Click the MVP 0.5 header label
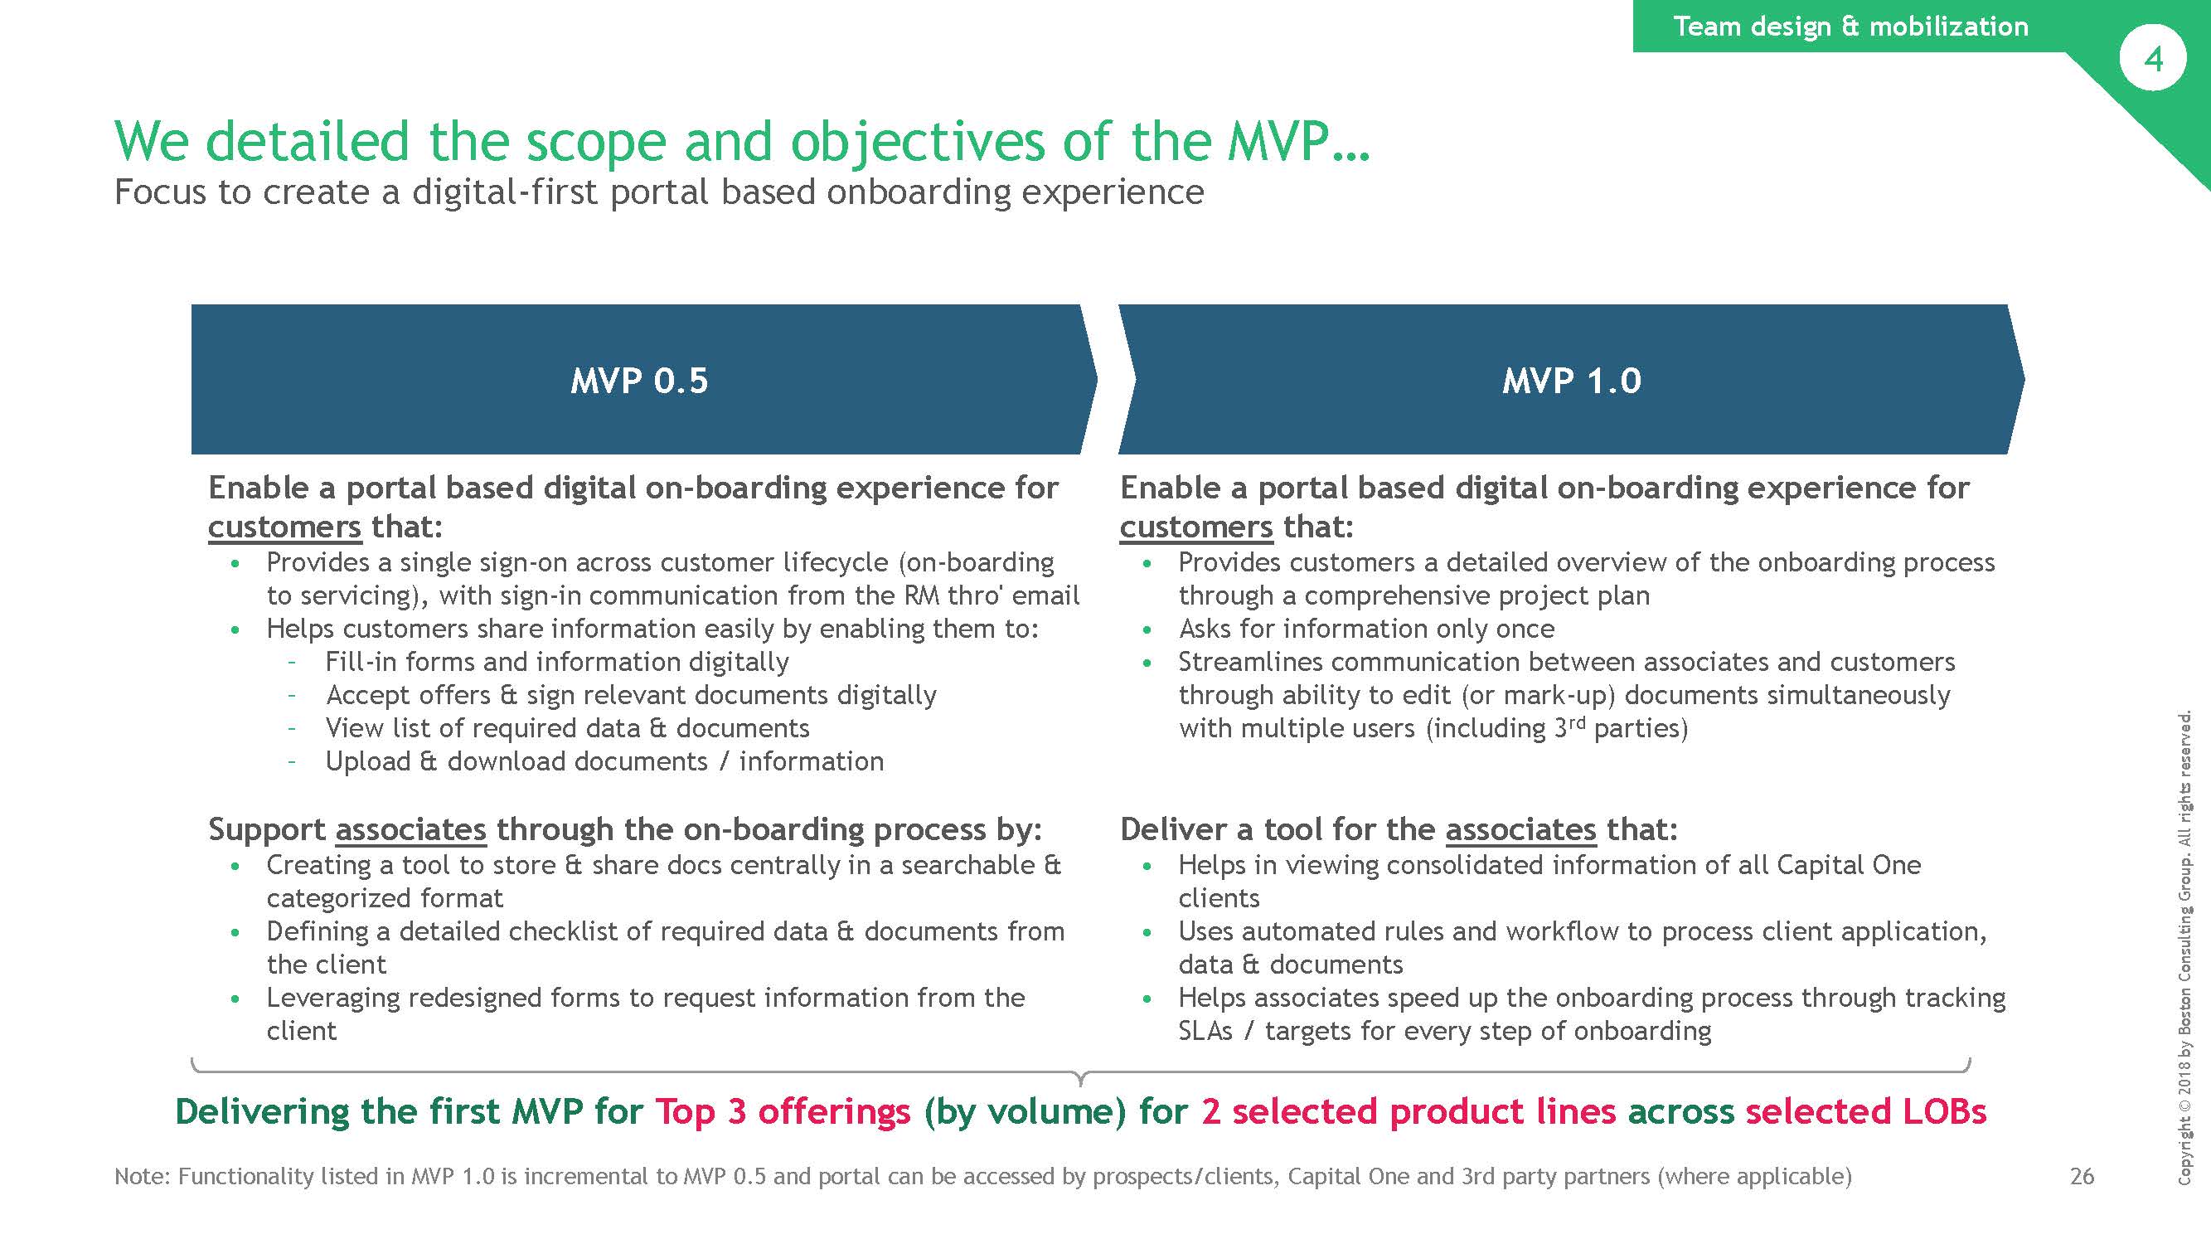639,381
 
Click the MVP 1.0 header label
1571,381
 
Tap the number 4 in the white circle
2153,59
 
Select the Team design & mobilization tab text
1850,26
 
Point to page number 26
2082,1175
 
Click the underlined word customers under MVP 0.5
284,527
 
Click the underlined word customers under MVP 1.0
1195,527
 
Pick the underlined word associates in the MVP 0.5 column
410,829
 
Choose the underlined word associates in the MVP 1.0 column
1520,829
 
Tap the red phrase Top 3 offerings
782,1112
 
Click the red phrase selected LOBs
1865,1112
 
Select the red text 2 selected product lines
1409,1112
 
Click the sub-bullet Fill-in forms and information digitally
557,662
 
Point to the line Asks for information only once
1365,629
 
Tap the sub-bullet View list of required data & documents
567,728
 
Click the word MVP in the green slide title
1278,141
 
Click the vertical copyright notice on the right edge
2185,948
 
